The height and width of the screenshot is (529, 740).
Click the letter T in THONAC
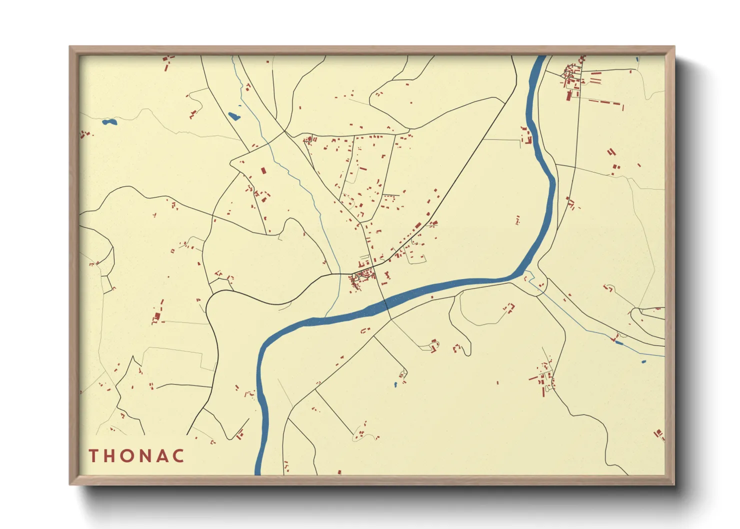(93, 455)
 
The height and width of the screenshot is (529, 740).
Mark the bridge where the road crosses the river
(386, 302)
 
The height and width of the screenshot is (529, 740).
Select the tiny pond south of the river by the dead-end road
(395, 384)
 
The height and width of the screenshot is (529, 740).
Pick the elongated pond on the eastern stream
(618, 342)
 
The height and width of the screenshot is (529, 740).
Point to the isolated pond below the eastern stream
(643, 361)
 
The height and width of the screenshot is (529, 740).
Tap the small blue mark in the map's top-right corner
(637, 59)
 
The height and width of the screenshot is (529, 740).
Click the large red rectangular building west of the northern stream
(263, 170)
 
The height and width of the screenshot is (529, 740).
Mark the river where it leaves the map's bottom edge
(258, 472)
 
